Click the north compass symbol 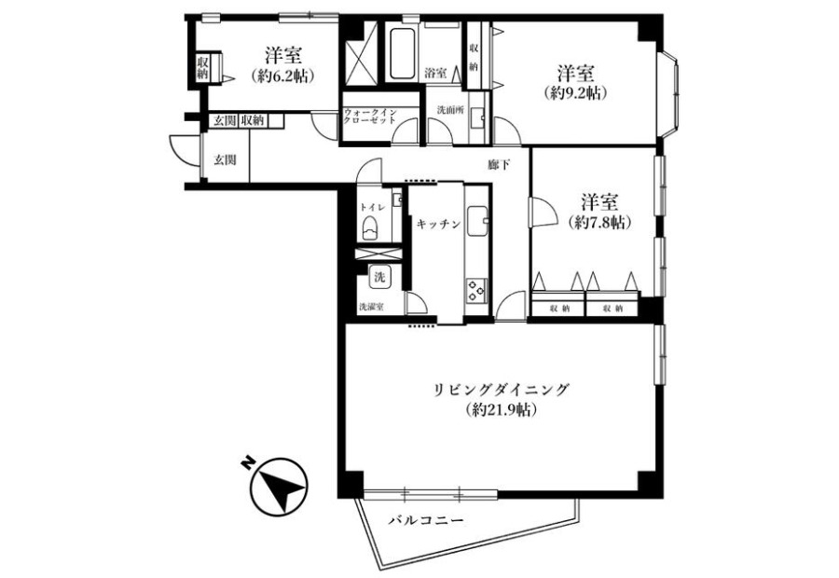279,487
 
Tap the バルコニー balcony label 426,519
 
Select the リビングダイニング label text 501,389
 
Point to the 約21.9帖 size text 502,410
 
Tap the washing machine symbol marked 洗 379,277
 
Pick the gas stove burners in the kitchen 476,291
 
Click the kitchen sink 478,221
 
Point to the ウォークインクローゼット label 370,117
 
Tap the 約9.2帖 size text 576,93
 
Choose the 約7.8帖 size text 599,223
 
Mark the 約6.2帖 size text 282,76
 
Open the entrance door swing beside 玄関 183,149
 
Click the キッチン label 438,225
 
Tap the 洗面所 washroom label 450,110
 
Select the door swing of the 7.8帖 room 542,212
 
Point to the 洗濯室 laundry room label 371,308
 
